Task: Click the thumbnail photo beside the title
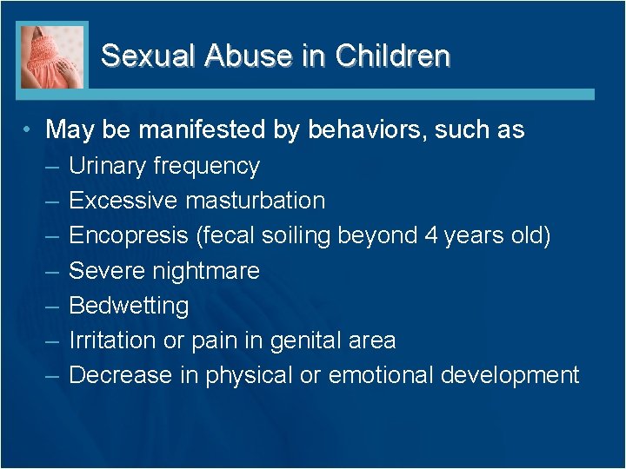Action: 52,56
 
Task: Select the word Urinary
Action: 106,166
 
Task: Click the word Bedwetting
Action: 129,306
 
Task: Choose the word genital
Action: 304,340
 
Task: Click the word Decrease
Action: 120,375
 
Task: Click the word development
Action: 509,375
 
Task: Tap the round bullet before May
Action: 29,131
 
